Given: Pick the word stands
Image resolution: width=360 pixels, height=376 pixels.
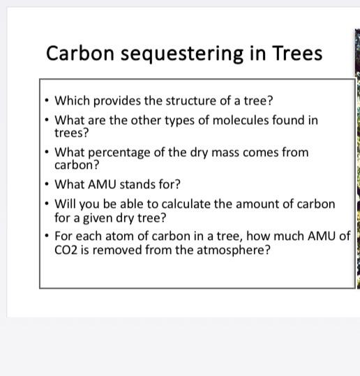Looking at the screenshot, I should click(142, 184).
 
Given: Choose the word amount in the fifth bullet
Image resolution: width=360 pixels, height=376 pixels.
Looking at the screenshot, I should click(263, 204).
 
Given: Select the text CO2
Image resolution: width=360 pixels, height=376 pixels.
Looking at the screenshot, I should click(67, 249).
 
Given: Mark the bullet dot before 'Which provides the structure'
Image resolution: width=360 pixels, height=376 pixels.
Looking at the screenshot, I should click(46, 100).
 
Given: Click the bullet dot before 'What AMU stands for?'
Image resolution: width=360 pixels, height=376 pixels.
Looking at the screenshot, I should click(46, 185).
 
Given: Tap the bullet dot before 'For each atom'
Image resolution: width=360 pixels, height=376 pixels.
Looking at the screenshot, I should click(46, 236).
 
